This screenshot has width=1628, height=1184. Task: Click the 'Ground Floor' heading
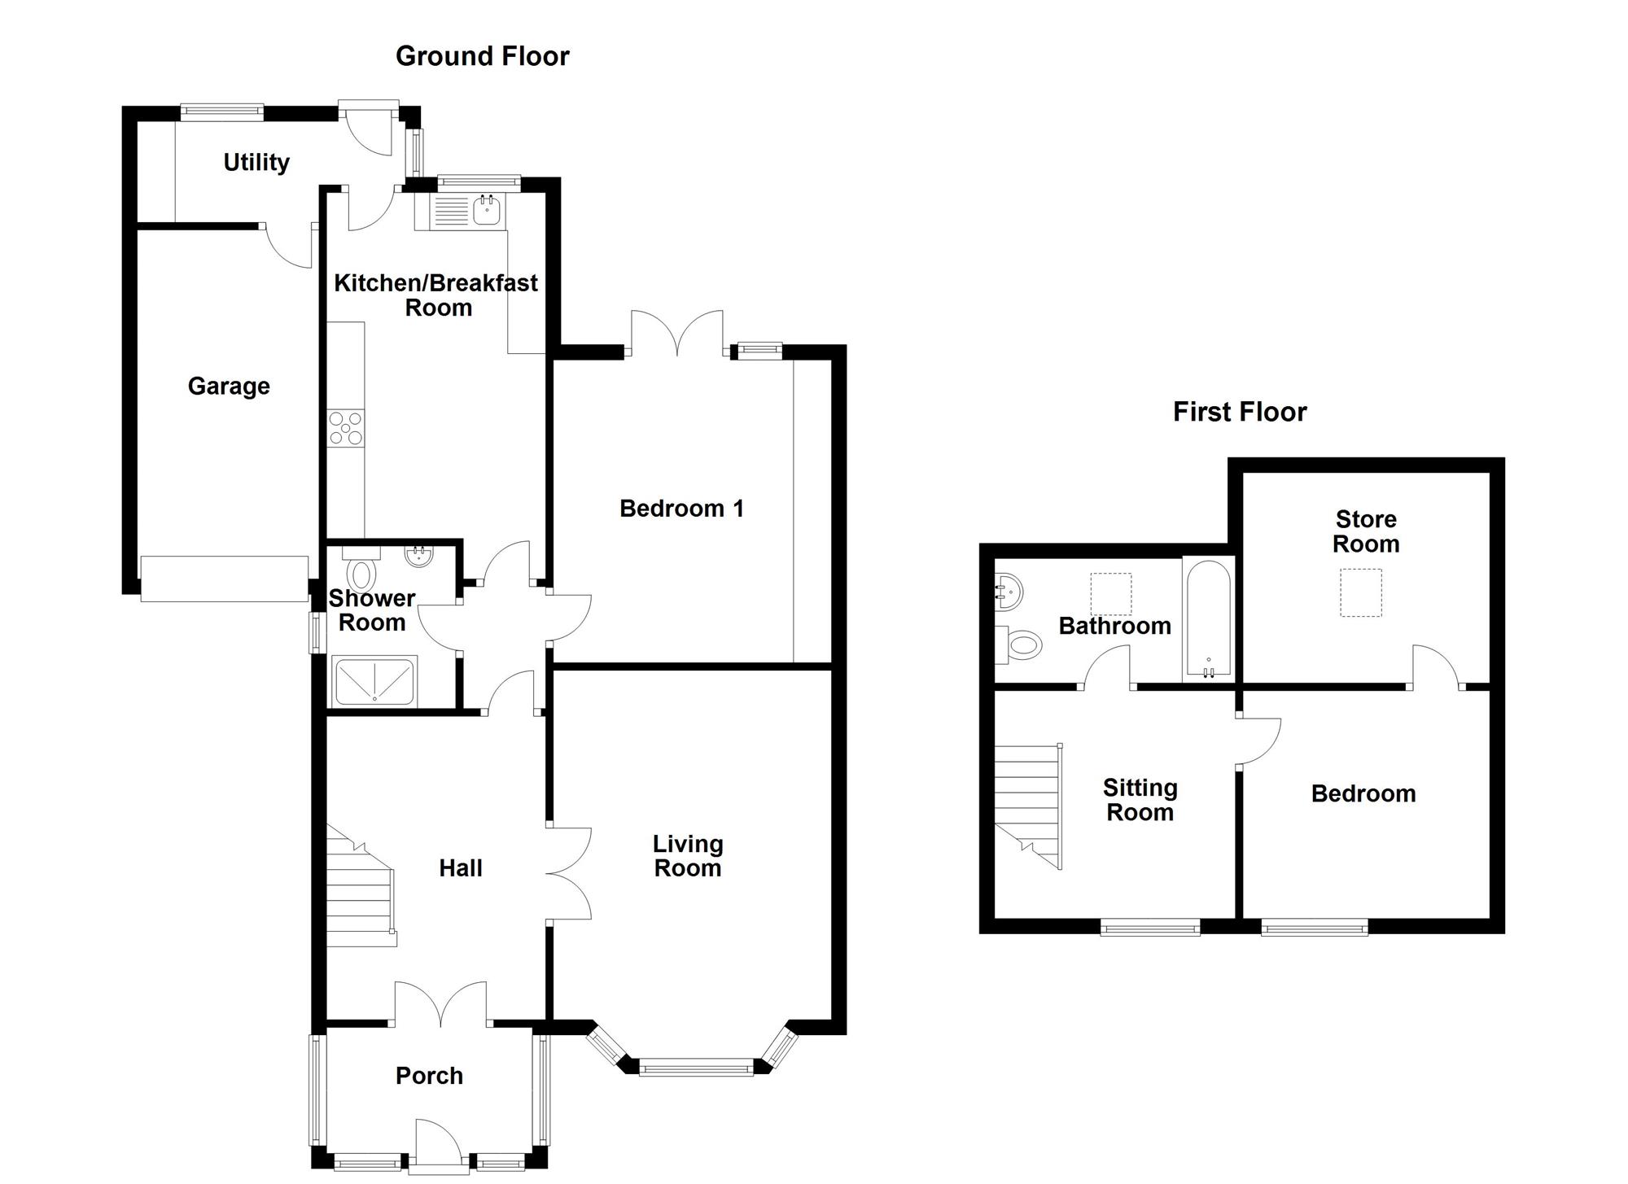482,56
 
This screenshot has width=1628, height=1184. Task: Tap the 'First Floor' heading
1240,412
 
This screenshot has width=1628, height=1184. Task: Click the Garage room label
229,386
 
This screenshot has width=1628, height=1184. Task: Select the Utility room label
256,162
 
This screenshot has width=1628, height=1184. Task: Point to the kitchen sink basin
487,211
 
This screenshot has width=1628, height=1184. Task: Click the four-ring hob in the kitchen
346,428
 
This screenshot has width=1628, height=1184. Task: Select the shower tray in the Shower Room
374,680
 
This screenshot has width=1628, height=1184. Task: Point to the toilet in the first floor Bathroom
1018,645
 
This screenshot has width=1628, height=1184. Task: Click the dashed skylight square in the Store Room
1361,593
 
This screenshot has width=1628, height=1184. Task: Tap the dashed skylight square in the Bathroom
1111,594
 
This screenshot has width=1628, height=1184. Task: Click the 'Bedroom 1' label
681,509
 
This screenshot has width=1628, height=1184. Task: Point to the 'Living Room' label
688,856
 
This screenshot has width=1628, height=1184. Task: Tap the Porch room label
429,1076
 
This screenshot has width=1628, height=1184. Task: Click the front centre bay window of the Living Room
697,1067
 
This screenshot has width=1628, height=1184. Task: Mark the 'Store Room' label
1366,531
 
